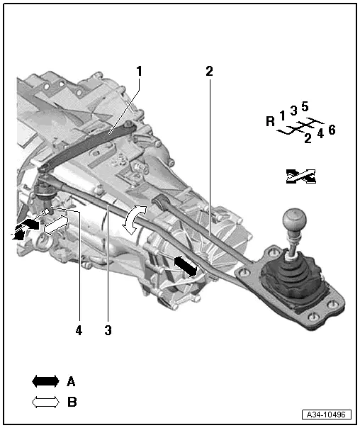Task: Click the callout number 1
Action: [x=140, y=71]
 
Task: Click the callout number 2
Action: [x=209, y=71]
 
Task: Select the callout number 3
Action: [x=108, y=330]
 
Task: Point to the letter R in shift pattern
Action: [x=270, y=121]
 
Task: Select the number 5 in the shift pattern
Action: [x=304, y=107]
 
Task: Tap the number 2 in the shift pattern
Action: [x=308, y=139]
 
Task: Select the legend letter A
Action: [x=71, y=381]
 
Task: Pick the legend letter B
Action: [x=71, y=402]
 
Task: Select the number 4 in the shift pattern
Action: [x=320, y=133]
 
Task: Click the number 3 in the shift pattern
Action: [x=293, y=111]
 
